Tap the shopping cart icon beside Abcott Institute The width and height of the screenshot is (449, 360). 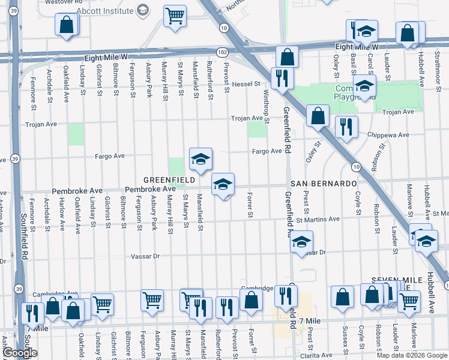tap(175, 16)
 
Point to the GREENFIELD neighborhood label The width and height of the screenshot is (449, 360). tap(169, 180)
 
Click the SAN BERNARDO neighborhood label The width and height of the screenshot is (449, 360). tap(324, 183)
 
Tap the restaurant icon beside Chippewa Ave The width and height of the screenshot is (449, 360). tap(346, 126)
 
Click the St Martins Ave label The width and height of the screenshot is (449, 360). tap(318, 219)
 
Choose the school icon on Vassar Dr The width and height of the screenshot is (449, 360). tap(301, 242)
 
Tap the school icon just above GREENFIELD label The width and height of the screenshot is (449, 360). tap(200, 159)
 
